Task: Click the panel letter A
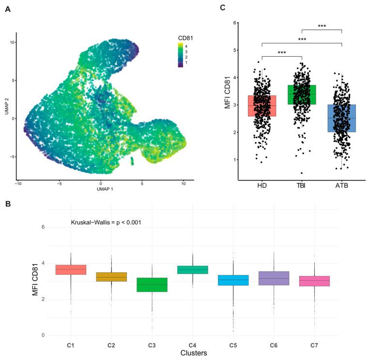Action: (x=8, y=10)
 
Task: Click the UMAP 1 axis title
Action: (x=101, y=188)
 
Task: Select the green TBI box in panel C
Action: (x=302, y=101)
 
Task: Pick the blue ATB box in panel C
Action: (x=342, y=118)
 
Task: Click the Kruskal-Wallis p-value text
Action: (x=106, y=222)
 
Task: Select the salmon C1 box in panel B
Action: (x=71, y=270)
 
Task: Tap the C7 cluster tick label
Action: (x=315, y=345)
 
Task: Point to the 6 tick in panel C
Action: (x=235, y=23)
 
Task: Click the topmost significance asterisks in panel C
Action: (x=322, y=26)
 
